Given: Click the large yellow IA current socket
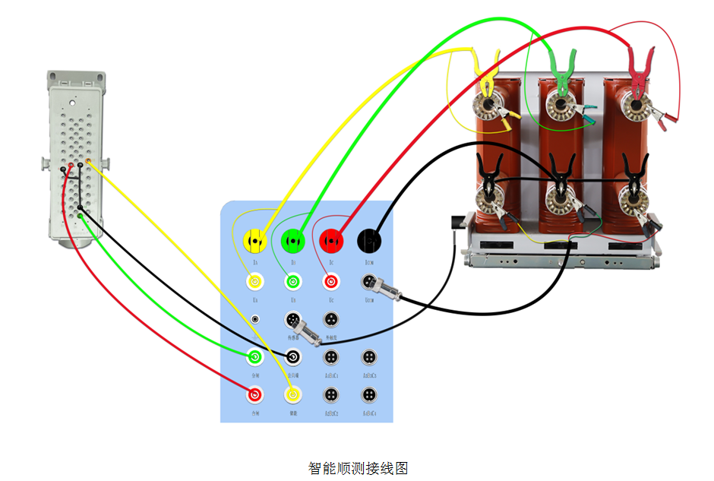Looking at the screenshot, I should pyautogui.click(x=254, y=241).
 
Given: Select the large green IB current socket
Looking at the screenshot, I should pyautogui.click(x=292, y=241).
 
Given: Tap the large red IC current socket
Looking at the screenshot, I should pyautogui.click(x=331, y=241).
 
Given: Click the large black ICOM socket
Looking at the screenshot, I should pyautogui.click(x=369, y=241).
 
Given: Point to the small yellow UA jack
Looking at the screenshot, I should pyautogui.click(x=254, y=282).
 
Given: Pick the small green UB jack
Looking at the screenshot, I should pyautogui.click(x=292, y=282).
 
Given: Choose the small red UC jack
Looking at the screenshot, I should pyautogui.click(x=331, y=282).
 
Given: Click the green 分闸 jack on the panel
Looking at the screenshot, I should pyautogui.click(x=254, y=356).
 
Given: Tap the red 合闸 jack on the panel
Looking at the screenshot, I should pyautogui.click(x=254, y=394).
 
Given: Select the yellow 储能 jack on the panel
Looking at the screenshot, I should pyautogui.click(x=292, y=394).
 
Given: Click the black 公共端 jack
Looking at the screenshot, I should pyautogui.click(x=294, y=356).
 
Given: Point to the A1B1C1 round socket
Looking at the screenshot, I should pyautogui.click(x=331, y=356).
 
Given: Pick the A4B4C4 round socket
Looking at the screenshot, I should pyautogui.click(x=369, y=394).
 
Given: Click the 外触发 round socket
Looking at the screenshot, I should pyautogui.click(x=331, y=320).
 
